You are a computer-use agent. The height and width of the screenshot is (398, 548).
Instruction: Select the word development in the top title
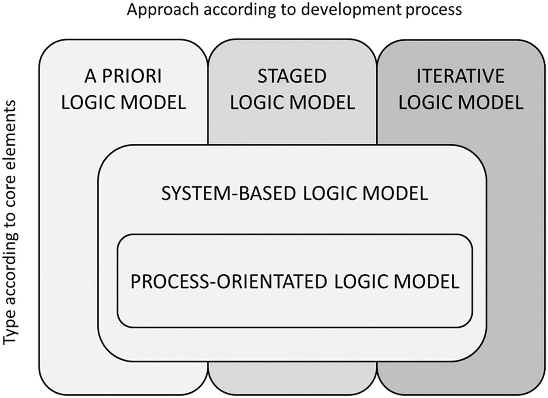(x=356, y=10)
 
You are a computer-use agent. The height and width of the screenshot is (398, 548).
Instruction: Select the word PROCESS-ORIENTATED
(x=229, y=281)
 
